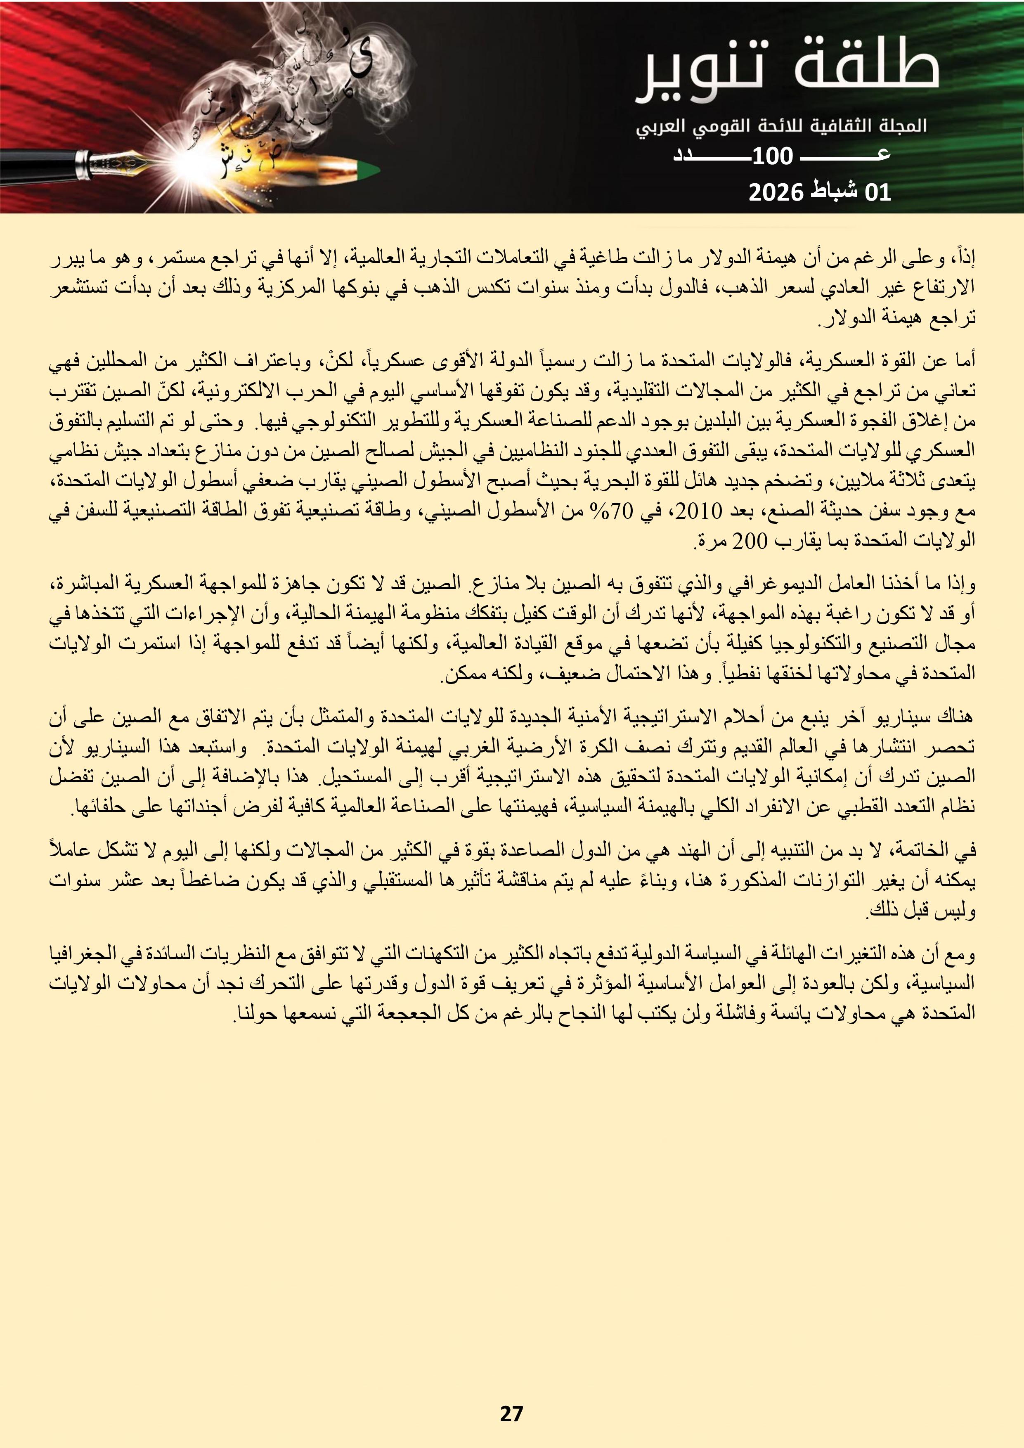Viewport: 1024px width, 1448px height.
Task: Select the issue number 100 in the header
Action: (772, 156)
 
